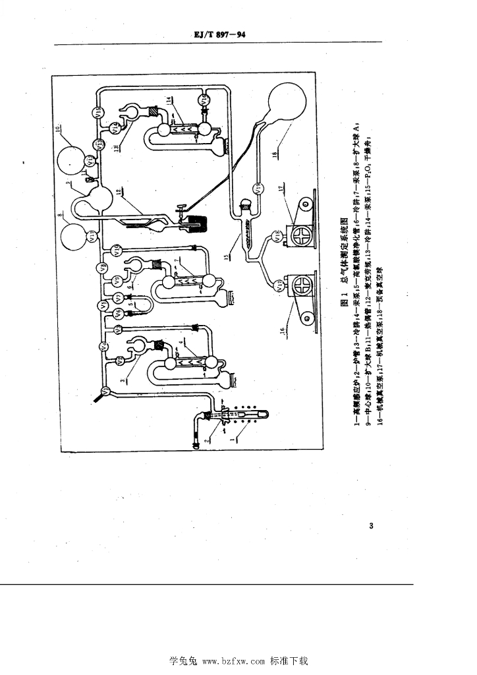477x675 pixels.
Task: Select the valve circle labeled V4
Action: click(x=103, y=346)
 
